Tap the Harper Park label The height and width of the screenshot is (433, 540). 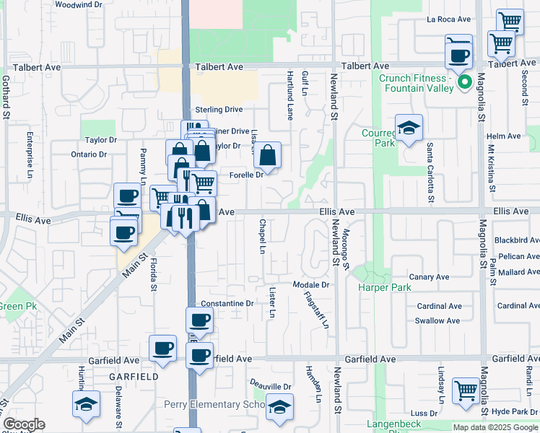[385, 287]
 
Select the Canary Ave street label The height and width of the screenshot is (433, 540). [429, 277]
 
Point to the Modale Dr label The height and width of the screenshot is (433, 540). [311, 285]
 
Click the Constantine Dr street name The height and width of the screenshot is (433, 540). [227, 304]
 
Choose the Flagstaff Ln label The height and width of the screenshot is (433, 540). [316, 309]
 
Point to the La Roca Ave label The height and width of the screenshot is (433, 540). [448, 19]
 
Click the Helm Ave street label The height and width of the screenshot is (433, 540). [504, 136]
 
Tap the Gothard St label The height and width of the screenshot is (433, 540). [6, 97]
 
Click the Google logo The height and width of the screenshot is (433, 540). [23, 424]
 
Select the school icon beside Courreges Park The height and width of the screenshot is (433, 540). [409, 128]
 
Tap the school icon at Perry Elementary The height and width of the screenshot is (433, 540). [279, 406]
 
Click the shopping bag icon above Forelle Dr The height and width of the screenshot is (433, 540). [267, 155]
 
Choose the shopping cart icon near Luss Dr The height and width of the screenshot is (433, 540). [466, 390]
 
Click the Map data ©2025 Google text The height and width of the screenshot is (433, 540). [495, 427]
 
